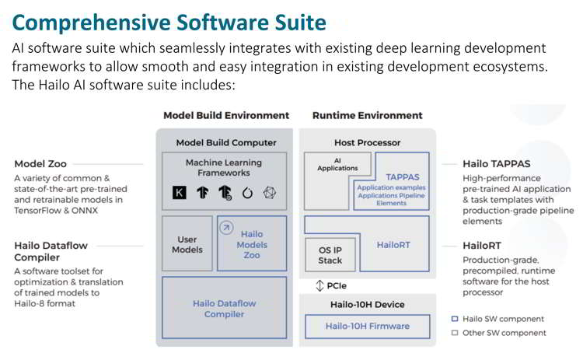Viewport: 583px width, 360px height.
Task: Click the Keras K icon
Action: tap(180, 192)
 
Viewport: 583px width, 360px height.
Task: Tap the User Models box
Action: tap(187, 243)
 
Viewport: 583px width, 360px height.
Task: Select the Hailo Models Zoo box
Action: tap(252, 243)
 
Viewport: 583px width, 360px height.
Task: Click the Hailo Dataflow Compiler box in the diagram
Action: tap(224, 308)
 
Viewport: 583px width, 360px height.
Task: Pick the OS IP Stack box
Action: tap(330, 255)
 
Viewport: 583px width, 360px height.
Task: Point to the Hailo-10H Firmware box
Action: tap(368, 326)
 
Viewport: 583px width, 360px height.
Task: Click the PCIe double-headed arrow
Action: tap(319, 285)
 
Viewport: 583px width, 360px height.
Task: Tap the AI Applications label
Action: tap(337, 164)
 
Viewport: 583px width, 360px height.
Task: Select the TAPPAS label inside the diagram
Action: tap(403, 177)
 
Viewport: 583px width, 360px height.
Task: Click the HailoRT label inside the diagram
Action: tap(393, 245)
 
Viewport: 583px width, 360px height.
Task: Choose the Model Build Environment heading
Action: tap(226, 115)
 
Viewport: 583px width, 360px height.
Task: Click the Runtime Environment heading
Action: tap(368, 115)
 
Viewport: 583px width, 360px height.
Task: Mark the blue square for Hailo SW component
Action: tap(455, 319)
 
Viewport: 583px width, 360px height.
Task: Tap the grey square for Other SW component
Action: tap(455, 333)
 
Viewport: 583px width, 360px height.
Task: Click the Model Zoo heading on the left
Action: tap(40, 163)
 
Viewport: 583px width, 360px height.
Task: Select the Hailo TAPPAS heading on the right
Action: tap(497, 163)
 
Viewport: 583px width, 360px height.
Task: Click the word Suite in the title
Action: tap(300, 23)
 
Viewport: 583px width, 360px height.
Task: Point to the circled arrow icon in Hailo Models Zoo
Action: tap(226, 228)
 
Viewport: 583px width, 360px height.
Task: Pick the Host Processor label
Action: tap(368, 142)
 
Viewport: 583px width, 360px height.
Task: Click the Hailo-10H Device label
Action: tap(368, 304)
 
